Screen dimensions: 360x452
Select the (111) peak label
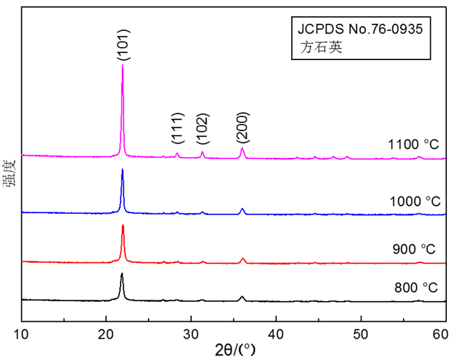point(178,129)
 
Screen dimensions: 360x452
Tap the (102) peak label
point(203,129)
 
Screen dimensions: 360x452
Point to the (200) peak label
point(243,126)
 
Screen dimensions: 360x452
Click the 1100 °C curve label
point(414,145)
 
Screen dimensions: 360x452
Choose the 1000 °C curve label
point(414,202)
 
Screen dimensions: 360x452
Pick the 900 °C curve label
point(414,249)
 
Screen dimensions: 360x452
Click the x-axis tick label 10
point(22,334)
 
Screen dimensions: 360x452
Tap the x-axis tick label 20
point(107,334)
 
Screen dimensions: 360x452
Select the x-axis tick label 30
point(191,334)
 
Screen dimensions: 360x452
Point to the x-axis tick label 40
point(276,334)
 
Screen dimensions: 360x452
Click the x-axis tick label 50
point(361,334)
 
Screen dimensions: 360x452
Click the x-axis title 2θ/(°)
point(234,350)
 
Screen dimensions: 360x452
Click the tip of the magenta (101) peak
point(123,65)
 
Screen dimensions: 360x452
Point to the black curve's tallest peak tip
point(121,273)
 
